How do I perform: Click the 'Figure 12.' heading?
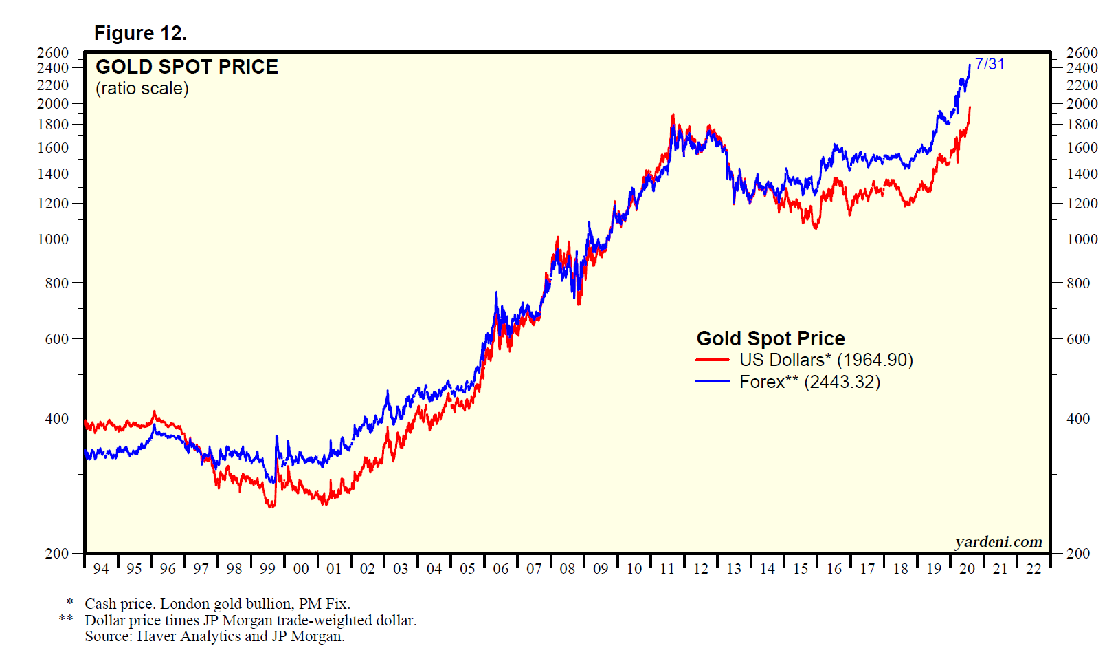pyautogui.click(x=140, y=33)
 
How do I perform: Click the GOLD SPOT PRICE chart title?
pyautogui.click(x=187, y=67)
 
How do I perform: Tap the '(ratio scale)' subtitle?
pyautogui.click(x=142, y=89)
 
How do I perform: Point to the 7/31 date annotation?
pyautogui.click(x=990, y=64)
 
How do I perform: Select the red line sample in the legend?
pyautogui.click(x=712, y=360)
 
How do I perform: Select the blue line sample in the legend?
pyautogui.click(x=712, y=382)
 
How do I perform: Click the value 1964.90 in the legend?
pyautogui.click(x=875, y=360)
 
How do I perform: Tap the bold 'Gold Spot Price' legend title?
pyautogui.click(x=770, y=338)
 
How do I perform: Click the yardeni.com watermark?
pyautogui.click(x=998, y=542)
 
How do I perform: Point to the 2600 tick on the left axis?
pyautogui.click(x=53, y=53)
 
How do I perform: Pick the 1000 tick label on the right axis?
pyautogui.click(x=1082, y=239)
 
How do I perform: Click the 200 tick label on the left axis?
pyautogui.click(x=57, y=554)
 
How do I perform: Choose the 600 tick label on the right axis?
pyautogui.click(x=1078, y=339)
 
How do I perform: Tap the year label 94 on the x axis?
pyautogui.click(x=101, y=569)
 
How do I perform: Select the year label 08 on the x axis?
pyautogui.click(x=567, y=569)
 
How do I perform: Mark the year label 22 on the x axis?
pyautogui.click(x=1033, y=569)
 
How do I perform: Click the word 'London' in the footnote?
pyautogui.click(x=183, y=604)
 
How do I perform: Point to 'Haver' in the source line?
pyautogui.click(x=155, y=636)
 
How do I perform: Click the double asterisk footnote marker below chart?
pyautogui.click(x=66, y=619)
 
